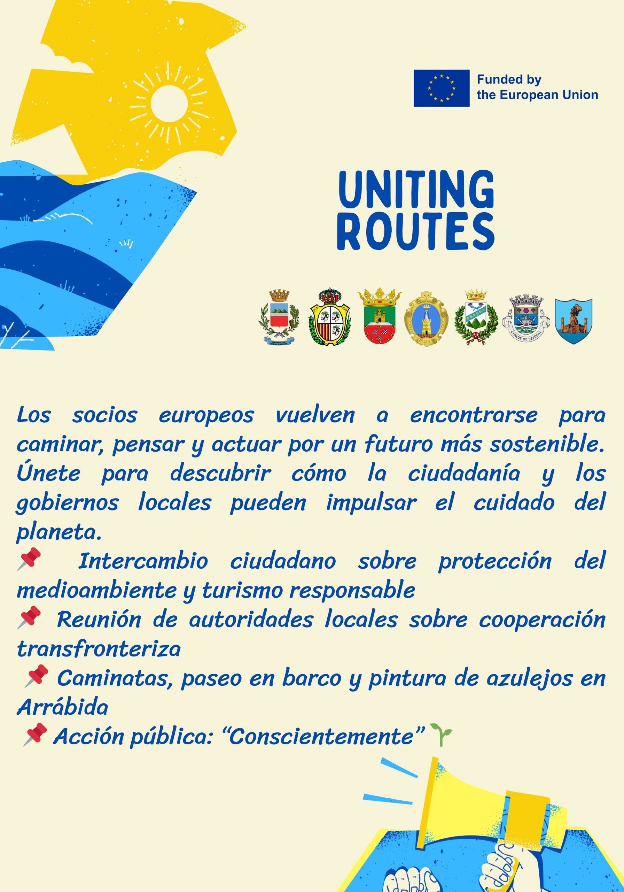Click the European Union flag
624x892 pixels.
pyautogui.click(x=442, y=88)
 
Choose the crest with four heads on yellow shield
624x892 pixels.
pyautogui.click(x=330, y=316)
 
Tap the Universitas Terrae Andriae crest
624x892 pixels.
pyautogui.click(x=279, y=317)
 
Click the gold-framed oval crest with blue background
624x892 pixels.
pyautogui.click(x=426, y=318)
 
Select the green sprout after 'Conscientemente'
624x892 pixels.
pyautogui.click(x=441, y=734)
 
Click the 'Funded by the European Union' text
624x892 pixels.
pyautogui.click(x=537, y=87)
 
